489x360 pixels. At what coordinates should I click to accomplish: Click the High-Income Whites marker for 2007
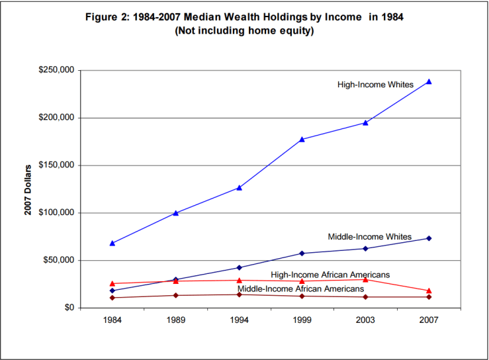[x=429, y=81]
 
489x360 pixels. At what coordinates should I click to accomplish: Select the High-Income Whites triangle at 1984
[x=112, y=243]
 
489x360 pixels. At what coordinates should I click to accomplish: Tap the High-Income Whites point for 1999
[x=302, y=139]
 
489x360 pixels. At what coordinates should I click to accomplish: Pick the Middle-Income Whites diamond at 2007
[x=429, y=238]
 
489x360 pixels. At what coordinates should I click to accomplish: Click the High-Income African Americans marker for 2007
[x=429, y=291]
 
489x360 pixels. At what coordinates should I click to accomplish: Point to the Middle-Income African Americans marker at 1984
[x=112, y=298]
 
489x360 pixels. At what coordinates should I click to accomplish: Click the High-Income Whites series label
[x=375, y=85]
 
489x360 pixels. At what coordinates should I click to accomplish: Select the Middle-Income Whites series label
[x=369, y=236]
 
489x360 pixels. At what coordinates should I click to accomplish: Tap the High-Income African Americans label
[x=330, y=274]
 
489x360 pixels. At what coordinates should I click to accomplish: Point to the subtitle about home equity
[x=244, y=30]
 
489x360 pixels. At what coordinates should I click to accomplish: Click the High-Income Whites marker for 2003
[x=365, y=122]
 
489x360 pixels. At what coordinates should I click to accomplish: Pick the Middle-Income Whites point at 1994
[x=239, y=267]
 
